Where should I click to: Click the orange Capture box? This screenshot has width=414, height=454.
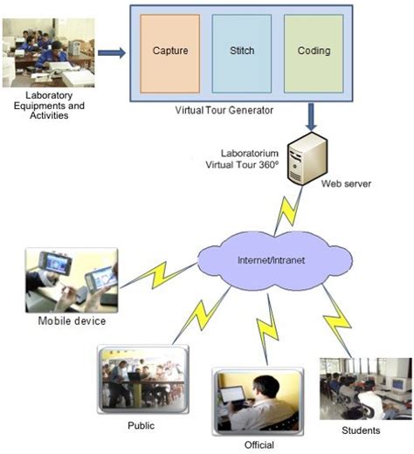coord(170,52)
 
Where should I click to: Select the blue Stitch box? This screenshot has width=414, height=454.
coord(242,52)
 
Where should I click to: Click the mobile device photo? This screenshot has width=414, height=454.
coord(71,279)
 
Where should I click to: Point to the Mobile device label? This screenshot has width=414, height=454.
coord(72,320)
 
